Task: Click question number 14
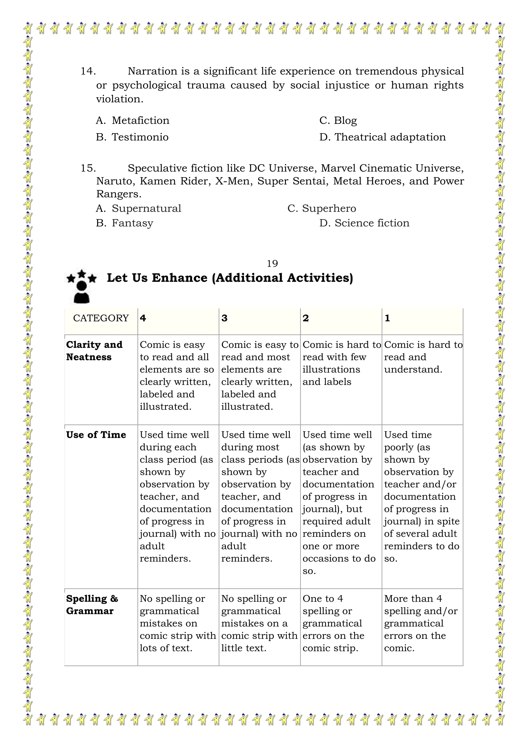coord(88,71)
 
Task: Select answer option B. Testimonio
coord(132,137)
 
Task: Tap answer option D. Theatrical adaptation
coord(382,137)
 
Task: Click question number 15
coord(88,168)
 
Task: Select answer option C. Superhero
coord(321,208)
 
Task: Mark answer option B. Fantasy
coord(124,223)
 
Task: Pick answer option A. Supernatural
coord(138,208)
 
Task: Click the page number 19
coord(272,263)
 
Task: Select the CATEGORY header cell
coord(101,318)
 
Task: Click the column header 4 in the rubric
coord(143,318)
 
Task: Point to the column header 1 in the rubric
coord(387,318)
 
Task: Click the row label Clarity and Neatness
coord(94,351)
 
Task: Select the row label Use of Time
coord(96,435)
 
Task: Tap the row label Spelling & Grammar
coord(92,605)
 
